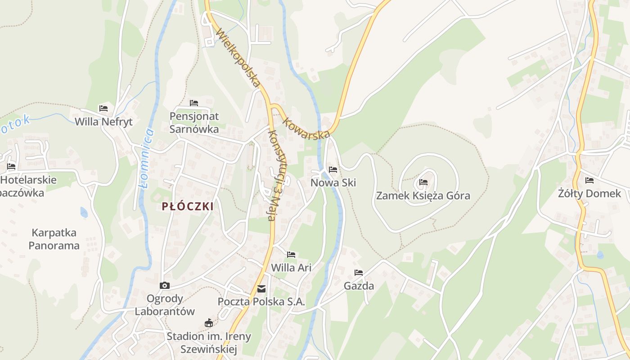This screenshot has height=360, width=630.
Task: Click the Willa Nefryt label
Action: tap(103, 122)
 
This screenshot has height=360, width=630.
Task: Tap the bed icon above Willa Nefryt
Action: tap(103, 108)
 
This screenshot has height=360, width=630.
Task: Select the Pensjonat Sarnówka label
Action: tap(194, 123)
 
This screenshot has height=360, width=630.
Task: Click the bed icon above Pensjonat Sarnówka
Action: tap(194, 103)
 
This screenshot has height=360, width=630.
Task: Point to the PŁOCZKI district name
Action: tap(188, 207)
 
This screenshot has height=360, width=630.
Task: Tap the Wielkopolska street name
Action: tap(238, 58)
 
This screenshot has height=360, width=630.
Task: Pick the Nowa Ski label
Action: tap(333, 183)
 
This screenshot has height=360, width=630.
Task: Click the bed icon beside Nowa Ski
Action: tap(333, 170)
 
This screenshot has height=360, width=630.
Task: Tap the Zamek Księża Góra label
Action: tap(423, 196)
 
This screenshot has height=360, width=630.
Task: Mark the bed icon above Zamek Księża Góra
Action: tap(423, 182)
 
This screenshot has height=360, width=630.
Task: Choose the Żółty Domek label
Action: tap(589, 194)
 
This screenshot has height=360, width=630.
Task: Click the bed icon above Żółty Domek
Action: tap(589, 180)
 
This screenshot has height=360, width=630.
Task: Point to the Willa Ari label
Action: tap(291, 268)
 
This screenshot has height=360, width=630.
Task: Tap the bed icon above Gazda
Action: tap(359, 273)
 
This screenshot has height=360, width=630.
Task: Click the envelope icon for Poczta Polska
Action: tap(261, 289)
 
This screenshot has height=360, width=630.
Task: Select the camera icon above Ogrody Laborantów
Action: tap(165, 285)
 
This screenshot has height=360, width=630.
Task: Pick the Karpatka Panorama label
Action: tap(54, 239)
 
